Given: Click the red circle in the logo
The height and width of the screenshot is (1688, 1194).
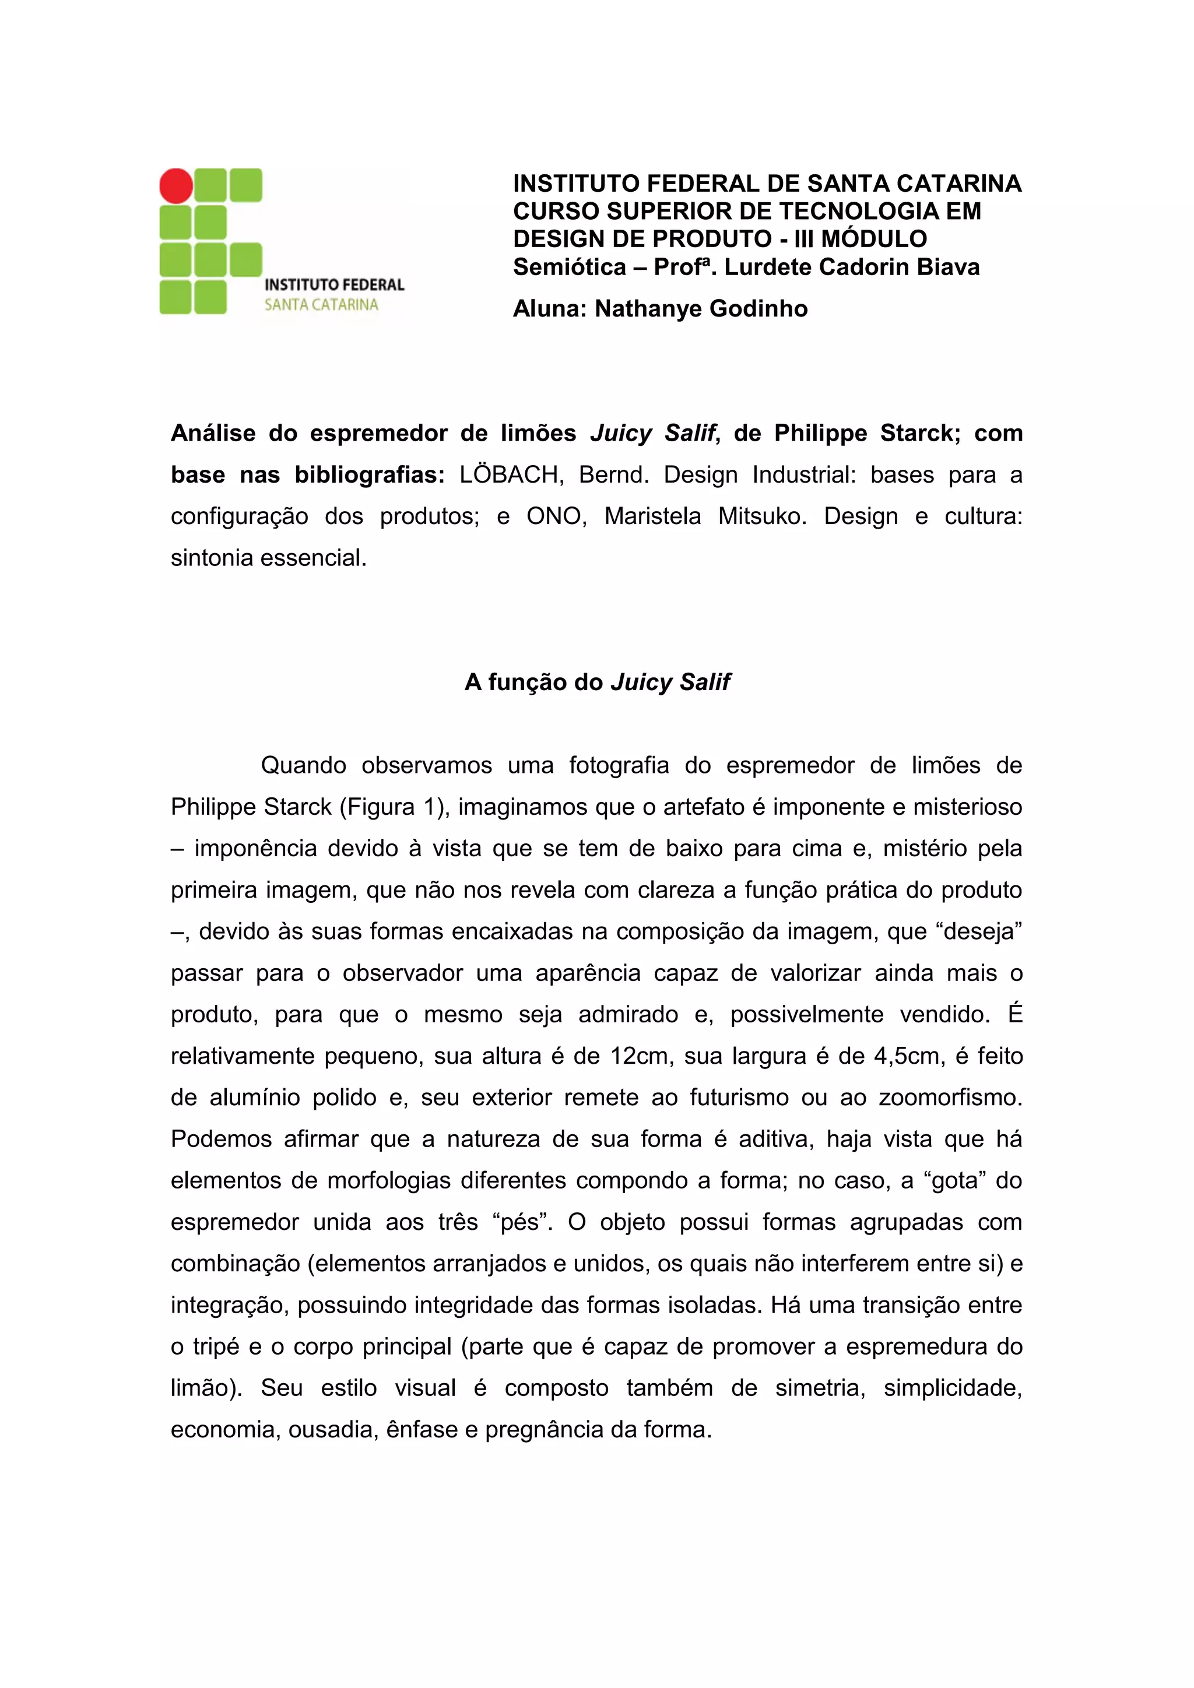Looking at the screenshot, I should point(177,185).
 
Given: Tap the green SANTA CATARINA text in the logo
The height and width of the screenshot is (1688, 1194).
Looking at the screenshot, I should point(321,304).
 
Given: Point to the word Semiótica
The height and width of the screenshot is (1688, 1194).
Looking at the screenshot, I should point(569,267).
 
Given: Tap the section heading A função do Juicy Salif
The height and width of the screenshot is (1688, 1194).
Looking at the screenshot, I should point(597,683).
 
